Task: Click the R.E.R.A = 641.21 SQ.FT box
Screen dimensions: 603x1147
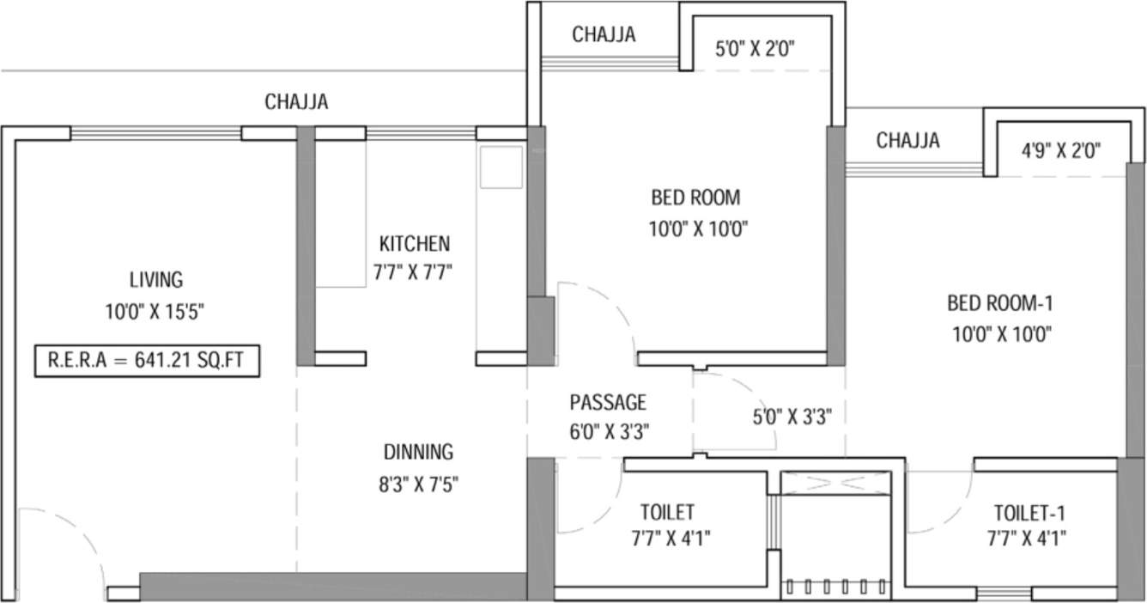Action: (146, 362)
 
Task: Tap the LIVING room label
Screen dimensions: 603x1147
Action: (155, 279)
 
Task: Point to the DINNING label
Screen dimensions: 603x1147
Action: (418, 452)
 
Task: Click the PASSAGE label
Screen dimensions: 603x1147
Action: (608, 402)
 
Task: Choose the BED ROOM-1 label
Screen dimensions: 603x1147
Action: (1000, 303)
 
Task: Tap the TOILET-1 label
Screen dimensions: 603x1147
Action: (1029, 514)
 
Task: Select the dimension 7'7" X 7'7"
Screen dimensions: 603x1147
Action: (413, 273)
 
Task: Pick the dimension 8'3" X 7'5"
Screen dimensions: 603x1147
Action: (418, 484)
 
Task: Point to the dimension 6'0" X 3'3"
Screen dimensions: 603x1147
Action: (608, 432)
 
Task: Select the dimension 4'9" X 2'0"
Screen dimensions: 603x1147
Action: (1061, 151)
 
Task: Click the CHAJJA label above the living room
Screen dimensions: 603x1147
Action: (296, 102)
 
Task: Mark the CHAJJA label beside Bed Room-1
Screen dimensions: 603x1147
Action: (907, 140)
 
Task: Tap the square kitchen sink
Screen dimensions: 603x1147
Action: (501, 167)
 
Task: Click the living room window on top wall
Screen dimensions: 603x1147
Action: (155, 133)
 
